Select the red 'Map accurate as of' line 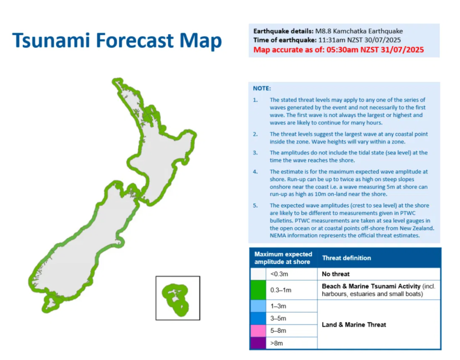(x=339, y=50)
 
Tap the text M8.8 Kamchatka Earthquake (x=359, y=31)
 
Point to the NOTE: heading (x=262, y=88)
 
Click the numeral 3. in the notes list (x=255, y=153)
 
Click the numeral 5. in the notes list (x=255, y=206)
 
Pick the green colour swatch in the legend (x=258, y=290)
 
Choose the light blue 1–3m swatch (x=258, y=306)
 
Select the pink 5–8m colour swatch (x=258, y=331)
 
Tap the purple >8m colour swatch (x=258, y=343)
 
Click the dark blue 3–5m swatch (x=258, y=318)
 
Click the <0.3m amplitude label (x=279, y=274)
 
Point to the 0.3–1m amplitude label (x=281, y=290)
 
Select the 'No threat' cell (x=336, y=274)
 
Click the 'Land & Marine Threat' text (x=354, y=325)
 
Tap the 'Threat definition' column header (x=346, y=258)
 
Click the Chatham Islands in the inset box (x=175, y=299)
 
